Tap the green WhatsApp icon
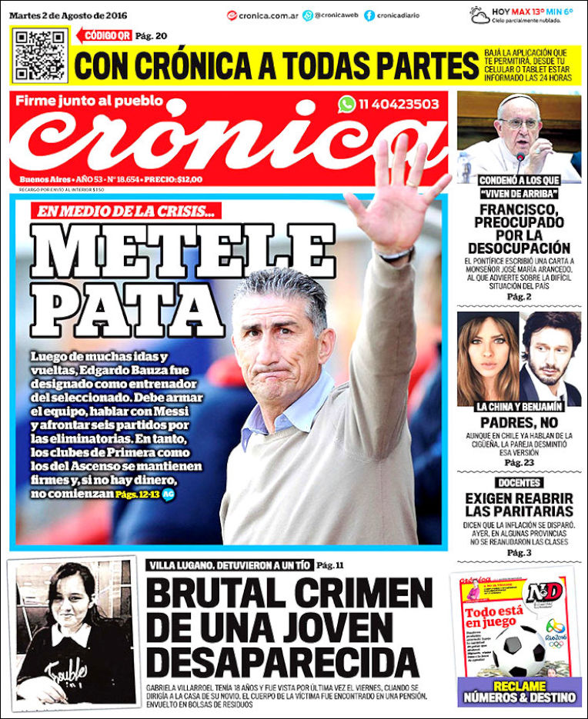[x=346, y=104]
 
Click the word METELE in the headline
[x=182, y=252]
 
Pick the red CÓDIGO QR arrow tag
[x=105, y=35]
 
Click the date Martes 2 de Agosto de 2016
[x=68, y=15]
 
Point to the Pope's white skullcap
[x=517, y=100]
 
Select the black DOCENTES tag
[x=518, y=483]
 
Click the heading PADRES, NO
[x=518, y=423]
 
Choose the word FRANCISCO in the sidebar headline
[x=518, y=210]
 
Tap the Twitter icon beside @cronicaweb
[x=308, y=15]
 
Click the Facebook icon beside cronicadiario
[x=369, y=15]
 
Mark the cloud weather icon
[x=479, y=15]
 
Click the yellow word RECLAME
[x=520, y=685]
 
